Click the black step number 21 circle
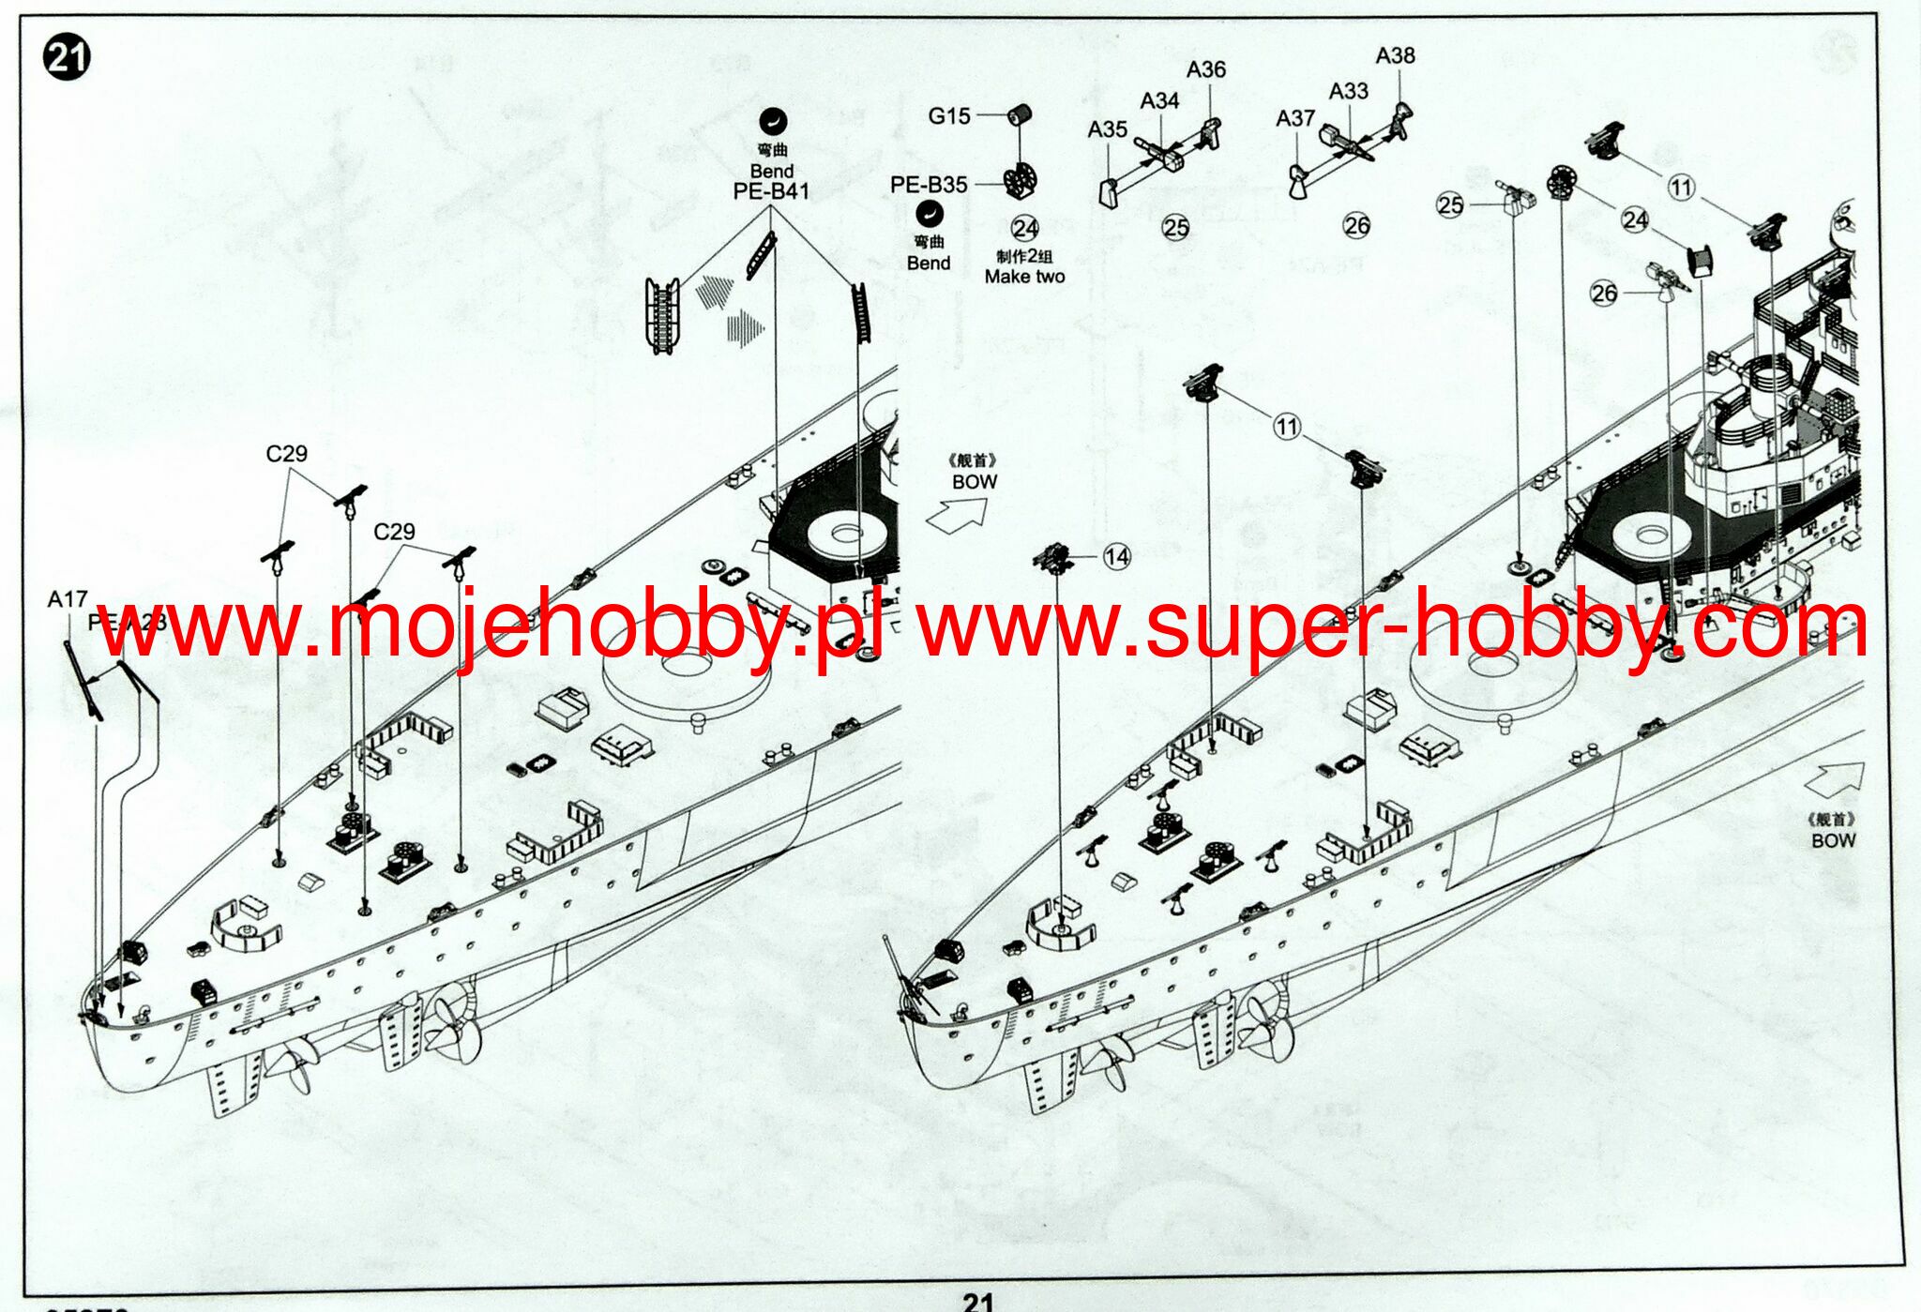tap(66, 58)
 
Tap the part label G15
tap(948, 116)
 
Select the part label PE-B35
tap(929, 185)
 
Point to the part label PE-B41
tap(771, 192)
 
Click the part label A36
tap(1205, 70)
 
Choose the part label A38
tap(1395, 56)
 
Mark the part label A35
tap(1107, 130)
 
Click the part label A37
tap(1294, 119)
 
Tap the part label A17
tap(68, 599)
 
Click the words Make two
tap(1024, 277)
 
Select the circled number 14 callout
tap(1116, 557)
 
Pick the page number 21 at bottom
tap(977, 1301)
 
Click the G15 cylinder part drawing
tap(1020, 115)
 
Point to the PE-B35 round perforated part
tap(1020, 181)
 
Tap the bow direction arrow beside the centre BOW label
tap(957, 514)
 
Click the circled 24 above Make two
tap(1024, 228)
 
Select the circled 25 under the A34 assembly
tap(1175, 227)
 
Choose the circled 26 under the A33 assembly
tap(1356, 225)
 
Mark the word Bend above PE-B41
tap(771, 172)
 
